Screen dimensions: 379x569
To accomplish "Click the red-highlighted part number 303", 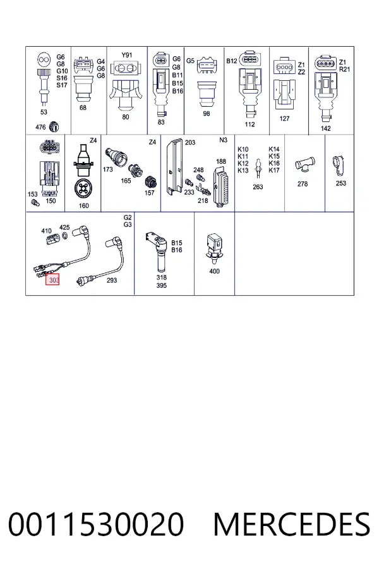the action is point(52,280).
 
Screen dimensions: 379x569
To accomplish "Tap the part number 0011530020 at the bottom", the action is point(96,524).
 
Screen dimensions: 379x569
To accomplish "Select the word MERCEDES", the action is point(292,524).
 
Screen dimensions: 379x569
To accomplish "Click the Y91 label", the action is point(126,55).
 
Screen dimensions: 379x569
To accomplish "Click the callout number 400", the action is point(214,271).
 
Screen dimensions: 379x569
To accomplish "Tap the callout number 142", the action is point(325,128).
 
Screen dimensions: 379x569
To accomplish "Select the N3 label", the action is point(223,140).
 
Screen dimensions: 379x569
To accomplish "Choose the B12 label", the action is point(231,61).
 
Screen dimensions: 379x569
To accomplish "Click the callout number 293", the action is point(111,280).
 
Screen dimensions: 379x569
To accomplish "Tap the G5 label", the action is point(190,61).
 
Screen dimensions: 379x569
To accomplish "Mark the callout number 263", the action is point(258,187).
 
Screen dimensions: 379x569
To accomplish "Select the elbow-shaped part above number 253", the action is point(339,166).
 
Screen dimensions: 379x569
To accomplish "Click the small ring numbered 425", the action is point(64,236).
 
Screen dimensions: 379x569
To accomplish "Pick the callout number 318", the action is point(162,278).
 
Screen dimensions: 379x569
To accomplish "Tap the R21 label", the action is point(344,69).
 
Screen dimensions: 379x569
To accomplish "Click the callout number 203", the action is point(190,142).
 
